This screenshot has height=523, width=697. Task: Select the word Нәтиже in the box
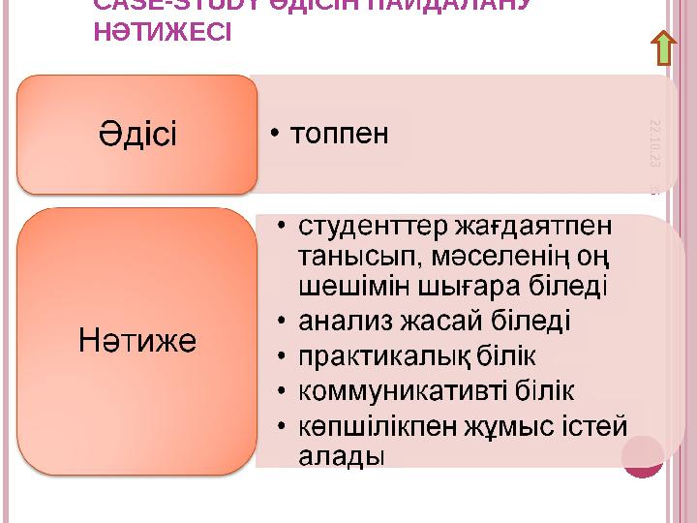[x=137, y=341]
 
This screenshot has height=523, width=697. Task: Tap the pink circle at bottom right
[x=644, y=456]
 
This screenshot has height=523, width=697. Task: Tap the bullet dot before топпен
[x=277, y=134]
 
